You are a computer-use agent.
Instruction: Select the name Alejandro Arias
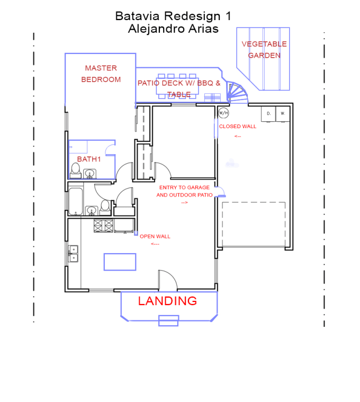tap(173, 29)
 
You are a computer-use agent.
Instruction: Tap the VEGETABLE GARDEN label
tap(264, 50)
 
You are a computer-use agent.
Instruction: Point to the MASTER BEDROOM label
tap(101, 74)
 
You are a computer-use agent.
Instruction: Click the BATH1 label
tap(88, 159)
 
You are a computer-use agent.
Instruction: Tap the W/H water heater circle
tap(223, 113)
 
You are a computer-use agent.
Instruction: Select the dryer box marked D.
tap(268, 114)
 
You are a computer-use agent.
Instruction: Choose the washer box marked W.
tap(283, 114)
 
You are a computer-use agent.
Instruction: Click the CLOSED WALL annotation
tap(237, 127)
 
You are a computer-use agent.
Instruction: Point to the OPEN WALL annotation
tap(155, 236)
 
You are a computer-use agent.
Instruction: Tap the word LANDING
tap(167, 301)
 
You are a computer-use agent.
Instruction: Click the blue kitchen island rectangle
tap(120, 262)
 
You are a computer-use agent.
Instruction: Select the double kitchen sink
tap(73, 254)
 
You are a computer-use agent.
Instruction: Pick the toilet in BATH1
tap(75, 170)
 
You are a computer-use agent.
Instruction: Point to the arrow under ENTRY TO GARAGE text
tap(184, 202)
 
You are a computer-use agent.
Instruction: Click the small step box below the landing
tap(168, 320)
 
